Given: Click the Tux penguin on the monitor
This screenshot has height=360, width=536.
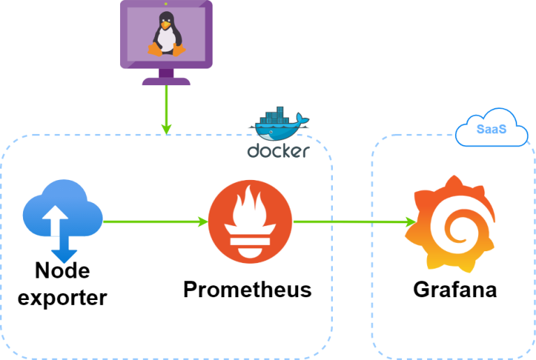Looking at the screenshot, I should [x=166, y=37].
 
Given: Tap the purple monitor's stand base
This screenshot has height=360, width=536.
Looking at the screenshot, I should [x=166, y=81].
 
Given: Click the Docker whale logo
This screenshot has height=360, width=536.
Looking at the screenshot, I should [x=278, y=126].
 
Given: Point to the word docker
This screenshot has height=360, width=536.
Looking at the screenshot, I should [x=278, y=151].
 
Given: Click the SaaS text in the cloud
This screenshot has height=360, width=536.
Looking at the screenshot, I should [x=491, y=129].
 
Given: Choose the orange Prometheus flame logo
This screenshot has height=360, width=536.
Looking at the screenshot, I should [x=250, y=222].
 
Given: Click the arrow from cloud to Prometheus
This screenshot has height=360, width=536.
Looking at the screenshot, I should [x=154, y=222].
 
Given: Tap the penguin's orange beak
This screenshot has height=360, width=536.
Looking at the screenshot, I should [x=165, y=29].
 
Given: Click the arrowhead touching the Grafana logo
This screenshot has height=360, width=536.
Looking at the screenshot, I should [x=411, y=222].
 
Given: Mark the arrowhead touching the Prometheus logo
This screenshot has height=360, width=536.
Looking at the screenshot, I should [x=203, y=222].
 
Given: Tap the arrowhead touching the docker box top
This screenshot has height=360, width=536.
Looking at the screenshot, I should [x=166, y=128].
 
